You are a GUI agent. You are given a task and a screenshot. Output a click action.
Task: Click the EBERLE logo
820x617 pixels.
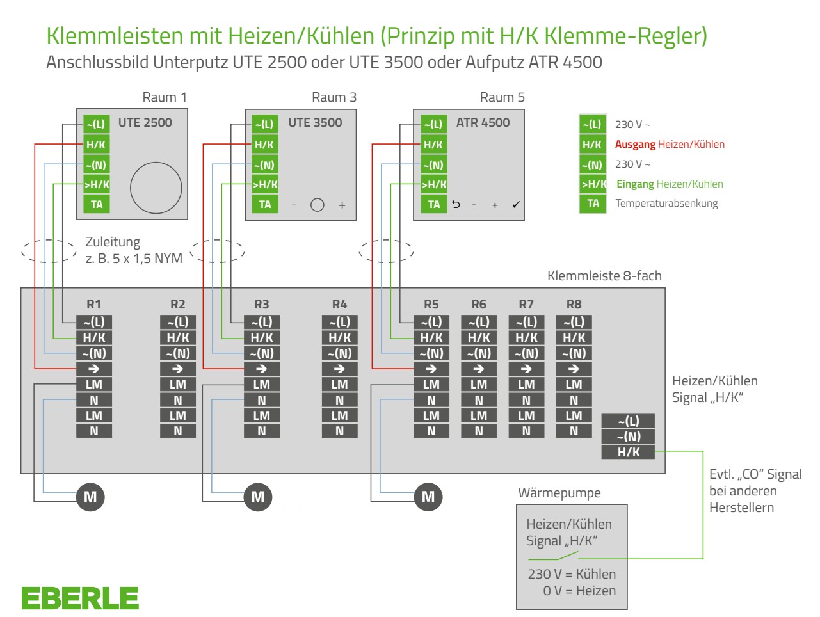tap(80, 598)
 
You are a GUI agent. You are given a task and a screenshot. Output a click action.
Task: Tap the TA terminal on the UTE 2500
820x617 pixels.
tap(97, 204)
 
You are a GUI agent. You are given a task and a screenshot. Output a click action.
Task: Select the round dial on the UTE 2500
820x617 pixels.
tap(156, 188)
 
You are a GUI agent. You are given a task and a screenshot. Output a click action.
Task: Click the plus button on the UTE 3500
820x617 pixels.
tap(342, 205)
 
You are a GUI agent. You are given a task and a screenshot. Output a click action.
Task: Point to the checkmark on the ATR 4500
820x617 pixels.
tap(516, 205)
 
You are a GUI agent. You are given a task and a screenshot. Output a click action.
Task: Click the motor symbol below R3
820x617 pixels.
tap(258, 497)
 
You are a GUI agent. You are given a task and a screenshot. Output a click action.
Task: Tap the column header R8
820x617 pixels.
tap(574, 305)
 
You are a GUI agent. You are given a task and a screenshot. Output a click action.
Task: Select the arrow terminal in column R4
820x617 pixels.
tap(339, 369)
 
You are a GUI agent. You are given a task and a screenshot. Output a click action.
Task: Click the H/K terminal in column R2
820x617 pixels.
tap(178, 338)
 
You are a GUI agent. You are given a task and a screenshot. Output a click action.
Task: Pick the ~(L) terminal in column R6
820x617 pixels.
tap(479, 322)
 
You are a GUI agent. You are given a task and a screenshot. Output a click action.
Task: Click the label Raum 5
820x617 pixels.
tap(502, 97)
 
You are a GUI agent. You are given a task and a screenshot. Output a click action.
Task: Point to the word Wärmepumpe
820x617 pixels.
tap(559, 493)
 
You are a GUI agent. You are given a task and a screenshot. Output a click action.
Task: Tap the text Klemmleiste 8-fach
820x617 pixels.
tap(604, 276)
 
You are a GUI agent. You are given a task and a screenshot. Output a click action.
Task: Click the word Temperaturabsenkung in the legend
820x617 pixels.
tap(667, 204)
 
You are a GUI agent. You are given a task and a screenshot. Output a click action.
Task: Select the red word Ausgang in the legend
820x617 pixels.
tap(635, 145)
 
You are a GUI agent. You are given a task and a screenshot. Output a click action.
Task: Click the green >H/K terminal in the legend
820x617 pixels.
tap(593, 184)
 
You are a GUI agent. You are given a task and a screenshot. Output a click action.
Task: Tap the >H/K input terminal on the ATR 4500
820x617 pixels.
tap(434, 184)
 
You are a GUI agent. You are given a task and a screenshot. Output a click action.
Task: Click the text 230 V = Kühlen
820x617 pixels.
tap(572, 574)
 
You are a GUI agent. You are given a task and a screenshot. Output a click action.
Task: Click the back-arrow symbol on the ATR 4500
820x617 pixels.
tap(456, 204)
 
